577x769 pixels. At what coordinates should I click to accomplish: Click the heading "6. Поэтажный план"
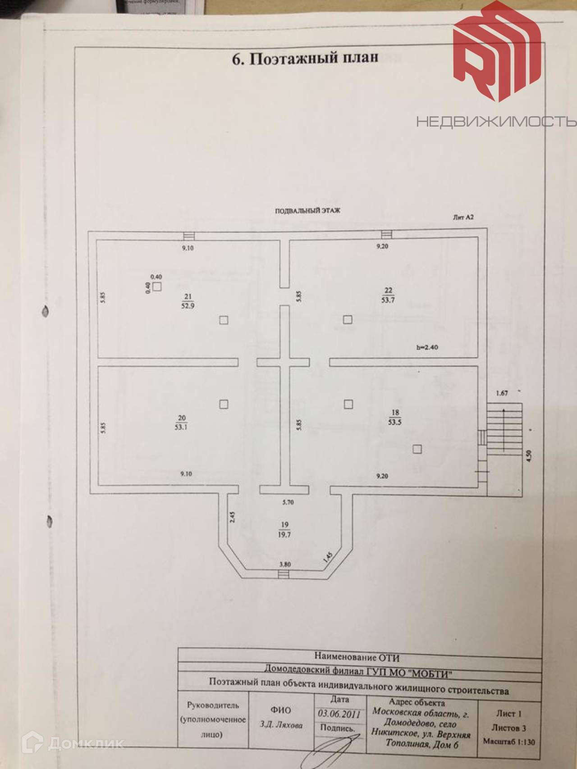click(305, 58)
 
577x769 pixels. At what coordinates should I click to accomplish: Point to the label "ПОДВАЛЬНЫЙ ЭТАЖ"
click(307, 210)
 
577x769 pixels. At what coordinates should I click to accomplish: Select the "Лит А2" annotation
click(463, 217)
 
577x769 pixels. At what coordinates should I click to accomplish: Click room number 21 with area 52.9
click(188, 301)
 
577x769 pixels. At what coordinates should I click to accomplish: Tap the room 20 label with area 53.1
click(181, 423)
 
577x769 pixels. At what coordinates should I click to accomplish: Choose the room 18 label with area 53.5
click(395, 418)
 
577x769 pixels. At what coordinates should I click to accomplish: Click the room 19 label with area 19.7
click(284, 530)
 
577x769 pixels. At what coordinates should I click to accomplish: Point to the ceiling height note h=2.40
click(427, 347)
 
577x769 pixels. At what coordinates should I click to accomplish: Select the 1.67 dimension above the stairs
click(502, 393)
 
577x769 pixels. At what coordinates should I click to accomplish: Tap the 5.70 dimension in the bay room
click(288, 502)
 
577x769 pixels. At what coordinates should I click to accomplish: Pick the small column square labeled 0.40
click(157, 287)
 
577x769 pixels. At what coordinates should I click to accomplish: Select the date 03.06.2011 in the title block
click(339, 714)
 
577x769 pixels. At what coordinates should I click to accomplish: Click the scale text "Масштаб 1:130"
click(509, 742)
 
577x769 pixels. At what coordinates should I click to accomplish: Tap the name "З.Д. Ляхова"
click(281, 725)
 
